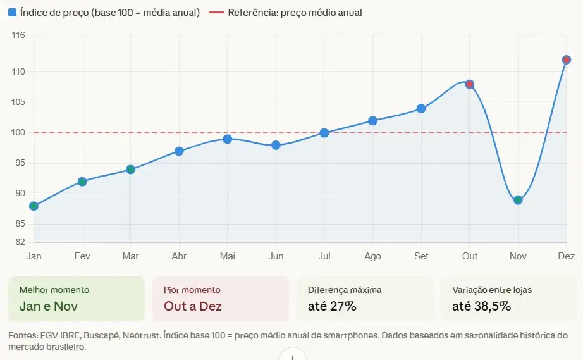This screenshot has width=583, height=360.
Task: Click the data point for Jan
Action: [x=34, y=206]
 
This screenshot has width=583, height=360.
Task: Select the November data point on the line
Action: [x=518, y=200]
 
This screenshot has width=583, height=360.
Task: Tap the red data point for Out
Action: [x=469, y=84]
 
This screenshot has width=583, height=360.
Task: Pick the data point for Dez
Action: [x=566, y=60]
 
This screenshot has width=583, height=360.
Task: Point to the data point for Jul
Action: [x=324, y=133]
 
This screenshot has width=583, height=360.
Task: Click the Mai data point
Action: [x=228, y=139]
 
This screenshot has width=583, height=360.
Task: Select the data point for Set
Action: [x=421, y=109]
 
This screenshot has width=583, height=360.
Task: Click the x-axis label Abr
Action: [x=179, y=256]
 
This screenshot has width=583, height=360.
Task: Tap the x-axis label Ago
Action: [x=372, y=256]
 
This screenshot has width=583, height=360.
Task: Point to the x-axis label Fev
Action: [x=82, y=256]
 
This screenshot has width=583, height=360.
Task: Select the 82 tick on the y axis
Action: [x=20, y=242]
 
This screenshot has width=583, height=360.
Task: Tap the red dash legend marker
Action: [x=216, y=12]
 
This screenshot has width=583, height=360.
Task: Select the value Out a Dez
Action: [x=192, y=307]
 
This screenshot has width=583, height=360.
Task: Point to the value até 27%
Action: [x=332, y=307]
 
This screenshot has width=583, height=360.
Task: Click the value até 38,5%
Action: [x=481, y=307]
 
